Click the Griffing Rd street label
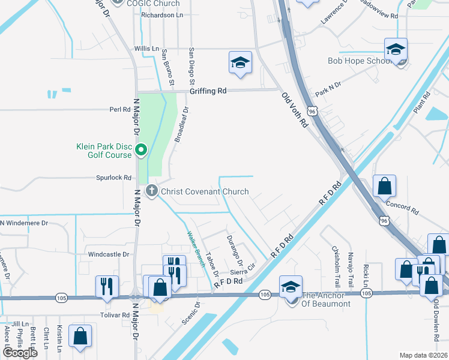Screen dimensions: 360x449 pyautogui.click(x=208, y=91)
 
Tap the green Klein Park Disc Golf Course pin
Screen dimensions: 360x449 pyautogui.click(x=141, y=149)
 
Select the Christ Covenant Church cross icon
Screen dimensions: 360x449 pyautogui.click(x=152, y=191)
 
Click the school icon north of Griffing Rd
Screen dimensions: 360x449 pyautogui.click(x=240, y=62)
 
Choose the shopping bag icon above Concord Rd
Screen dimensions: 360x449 pyautogui.click(x=384, y=187)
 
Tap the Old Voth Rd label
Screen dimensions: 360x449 pyautogui.click(x=295, y=110)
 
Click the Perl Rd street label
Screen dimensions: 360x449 pyautogui.click(x=119, y=110)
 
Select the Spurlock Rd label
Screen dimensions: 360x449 pyautogui.click(x=114, y=178)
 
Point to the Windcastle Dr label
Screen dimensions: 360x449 pyautogui.click(x=109, y=254)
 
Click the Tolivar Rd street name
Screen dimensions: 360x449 pyautogui.click(x=114, y=314)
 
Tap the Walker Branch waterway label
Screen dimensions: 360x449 pyautogui.click(x=196, y=248)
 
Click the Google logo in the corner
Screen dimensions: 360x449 pyautogui.click(x=20, y=353)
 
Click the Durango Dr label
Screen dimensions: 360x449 pyautogui.click(x=234, y=251)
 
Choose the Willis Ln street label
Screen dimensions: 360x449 pyautogui.click(x=147, y=49)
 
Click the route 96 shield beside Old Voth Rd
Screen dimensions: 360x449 pyautogui.click(x=311, y=111)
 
